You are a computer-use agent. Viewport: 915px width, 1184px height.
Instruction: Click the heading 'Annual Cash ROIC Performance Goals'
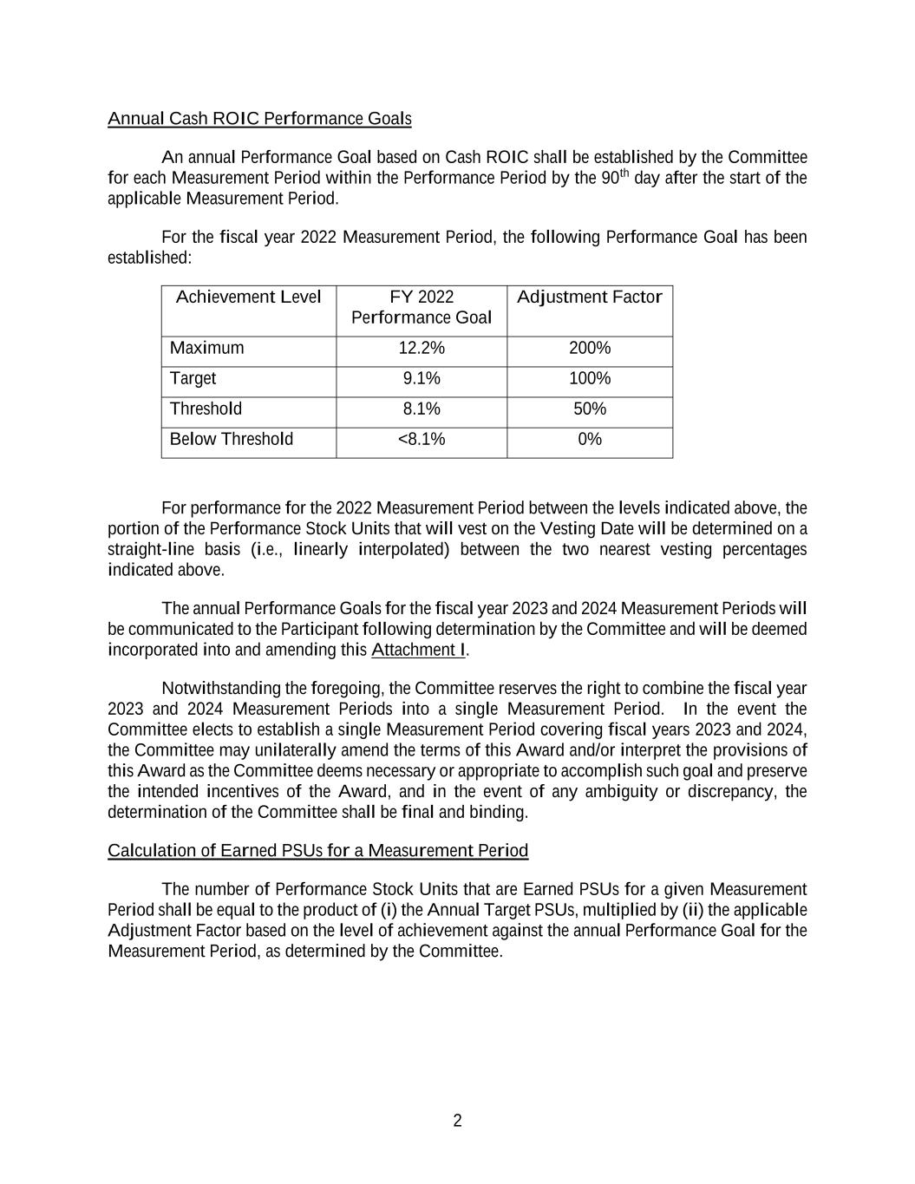pyautogui.click(x=259, y=119)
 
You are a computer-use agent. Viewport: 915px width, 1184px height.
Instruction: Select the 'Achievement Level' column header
pyautogui.click(x=248, y=298)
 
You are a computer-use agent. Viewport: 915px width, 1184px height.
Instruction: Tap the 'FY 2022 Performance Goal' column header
pyautogui.click(x=422, y=308)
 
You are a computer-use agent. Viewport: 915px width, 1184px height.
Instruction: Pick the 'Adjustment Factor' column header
pyautogui.click(x=589, y=298)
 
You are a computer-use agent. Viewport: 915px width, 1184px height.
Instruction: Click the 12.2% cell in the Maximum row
pyautogui.click(x=422, y=349)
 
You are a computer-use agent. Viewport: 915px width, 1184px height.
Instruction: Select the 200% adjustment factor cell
pyautogui.click(x=590, y=349)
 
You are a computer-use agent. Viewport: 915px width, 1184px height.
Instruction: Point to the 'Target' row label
pyautogui.click(x=193, y=379)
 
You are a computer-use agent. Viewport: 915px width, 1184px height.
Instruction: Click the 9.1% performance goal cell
pyautogui.click(x=422, y=379)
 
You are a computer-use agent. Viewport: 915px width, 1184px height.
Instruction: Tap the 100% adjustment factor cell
pyautogui.click(x=590, y=379)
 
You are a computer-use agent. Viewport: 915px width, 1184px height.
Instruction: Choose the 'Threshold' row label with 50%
pyautogui.click(x=206, y=409)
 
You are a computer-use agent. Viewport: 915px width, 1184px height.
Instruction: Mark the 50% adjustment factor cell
pyautogui.click(x=590, y=409)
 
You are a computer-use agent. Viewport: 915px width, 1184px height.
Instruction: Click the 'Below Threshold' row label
pyautogui.click(x=232, y=440)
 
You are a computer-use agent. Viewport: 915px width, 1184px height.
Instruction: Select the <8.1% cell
pyautogui.click(x=422, y=440)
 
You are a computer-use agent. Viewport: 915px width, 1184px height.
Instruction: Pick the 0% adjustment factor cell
pyautogui.click(x=590, y=440)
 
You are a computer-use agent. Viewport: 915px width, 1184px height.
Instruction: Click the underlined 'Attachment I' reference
pyautogui.click(x=418, y=651)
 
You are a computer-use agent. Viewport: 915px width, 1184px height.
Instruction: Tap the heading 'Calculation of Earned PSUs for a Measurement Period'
pyautogui.click(x=317, y=851)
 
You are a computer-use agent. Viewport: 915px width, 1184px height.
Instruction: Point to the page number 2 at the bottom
pyautogui.click(x=457, y=1122)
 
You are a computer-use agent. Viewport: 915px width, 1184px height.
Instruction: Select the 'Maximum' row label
pyautogui.click(x=207, y=349)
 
